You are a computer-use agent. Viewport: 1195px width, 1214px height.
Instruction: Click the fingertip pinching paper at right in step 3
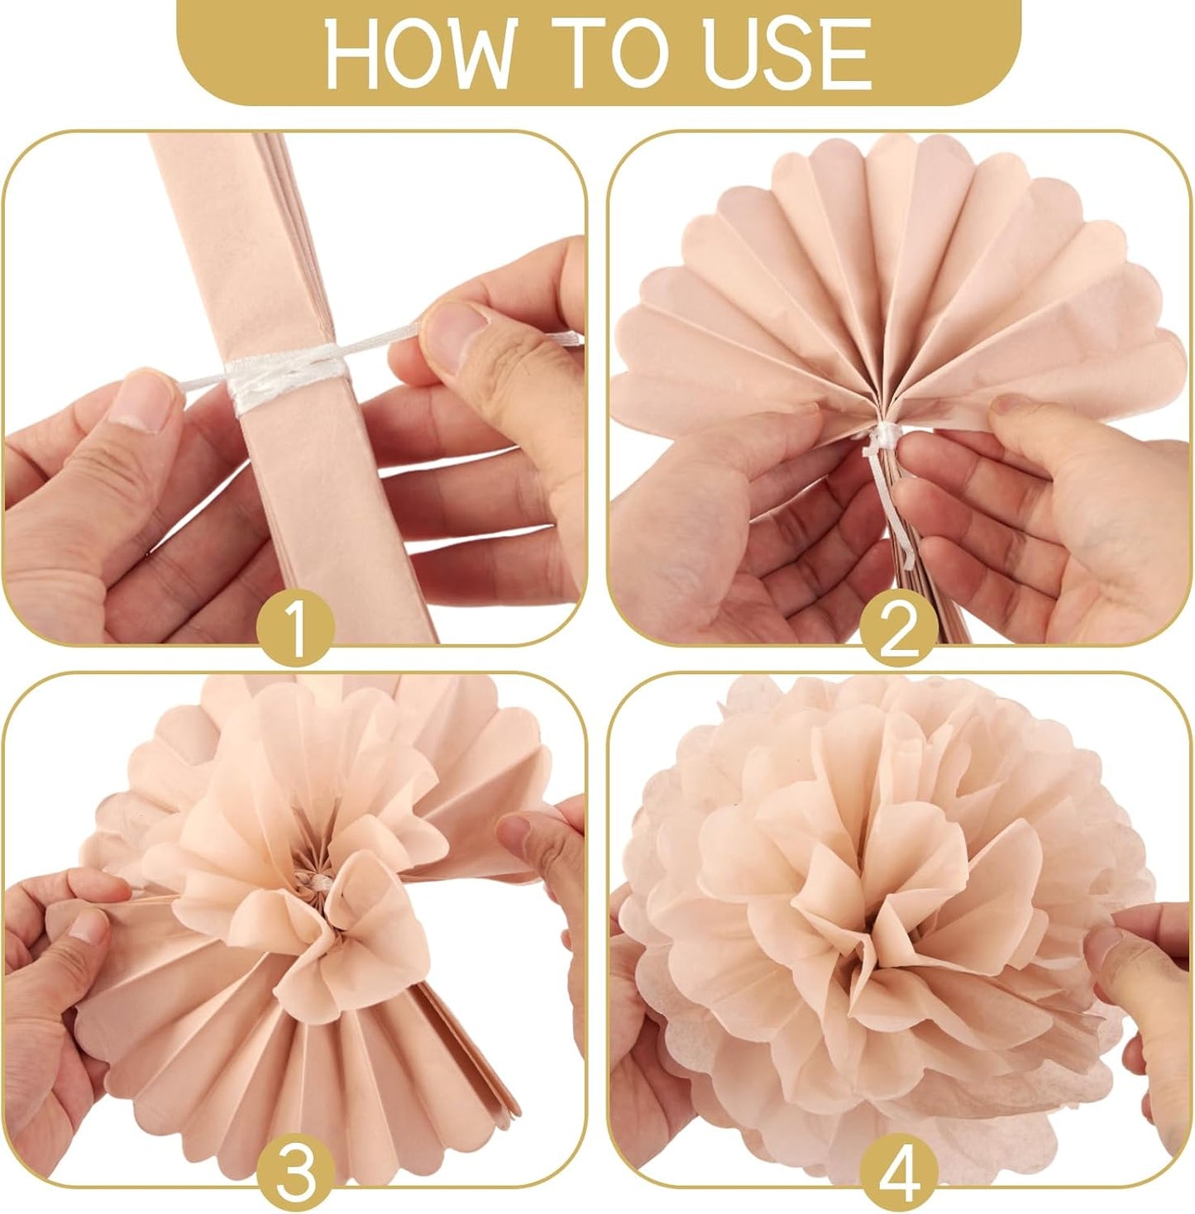pyautogui.click(x=521, y=827)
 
